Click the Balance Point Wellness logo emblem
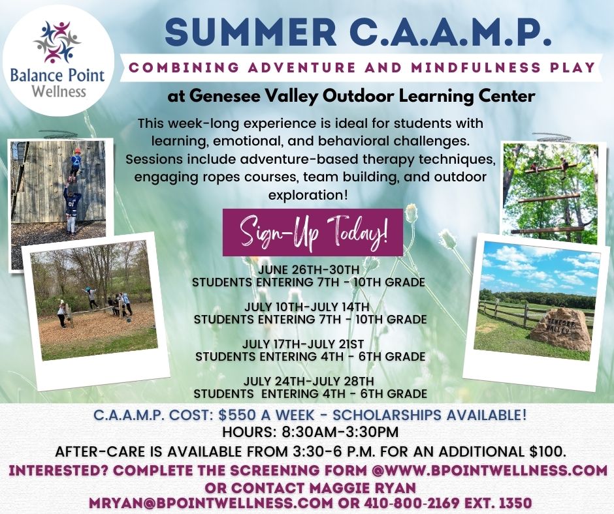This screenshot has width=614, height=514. point(57,42)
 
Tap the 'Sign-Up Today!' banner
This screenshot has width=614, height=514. point(312,232)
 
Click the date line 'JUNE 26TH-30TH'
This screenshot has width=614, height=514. point(308,270)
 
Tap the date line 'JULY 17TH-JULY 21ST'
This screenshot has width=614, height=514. point(303,344)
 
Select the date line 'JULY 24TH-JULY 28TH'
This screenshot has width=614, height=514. point(309,381)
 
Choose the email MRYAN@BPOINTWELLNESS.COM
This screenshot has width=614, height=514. point(211,503)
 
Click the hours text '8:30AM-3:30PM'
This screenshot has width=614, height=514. point(340,432)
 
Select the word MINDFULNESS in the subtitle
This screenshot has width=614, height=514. point(476,67)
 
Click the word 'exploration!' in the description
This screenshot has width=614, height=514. point(308,195)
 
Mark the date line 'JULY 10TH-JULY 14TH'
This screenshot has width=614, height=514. point(306,307)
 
